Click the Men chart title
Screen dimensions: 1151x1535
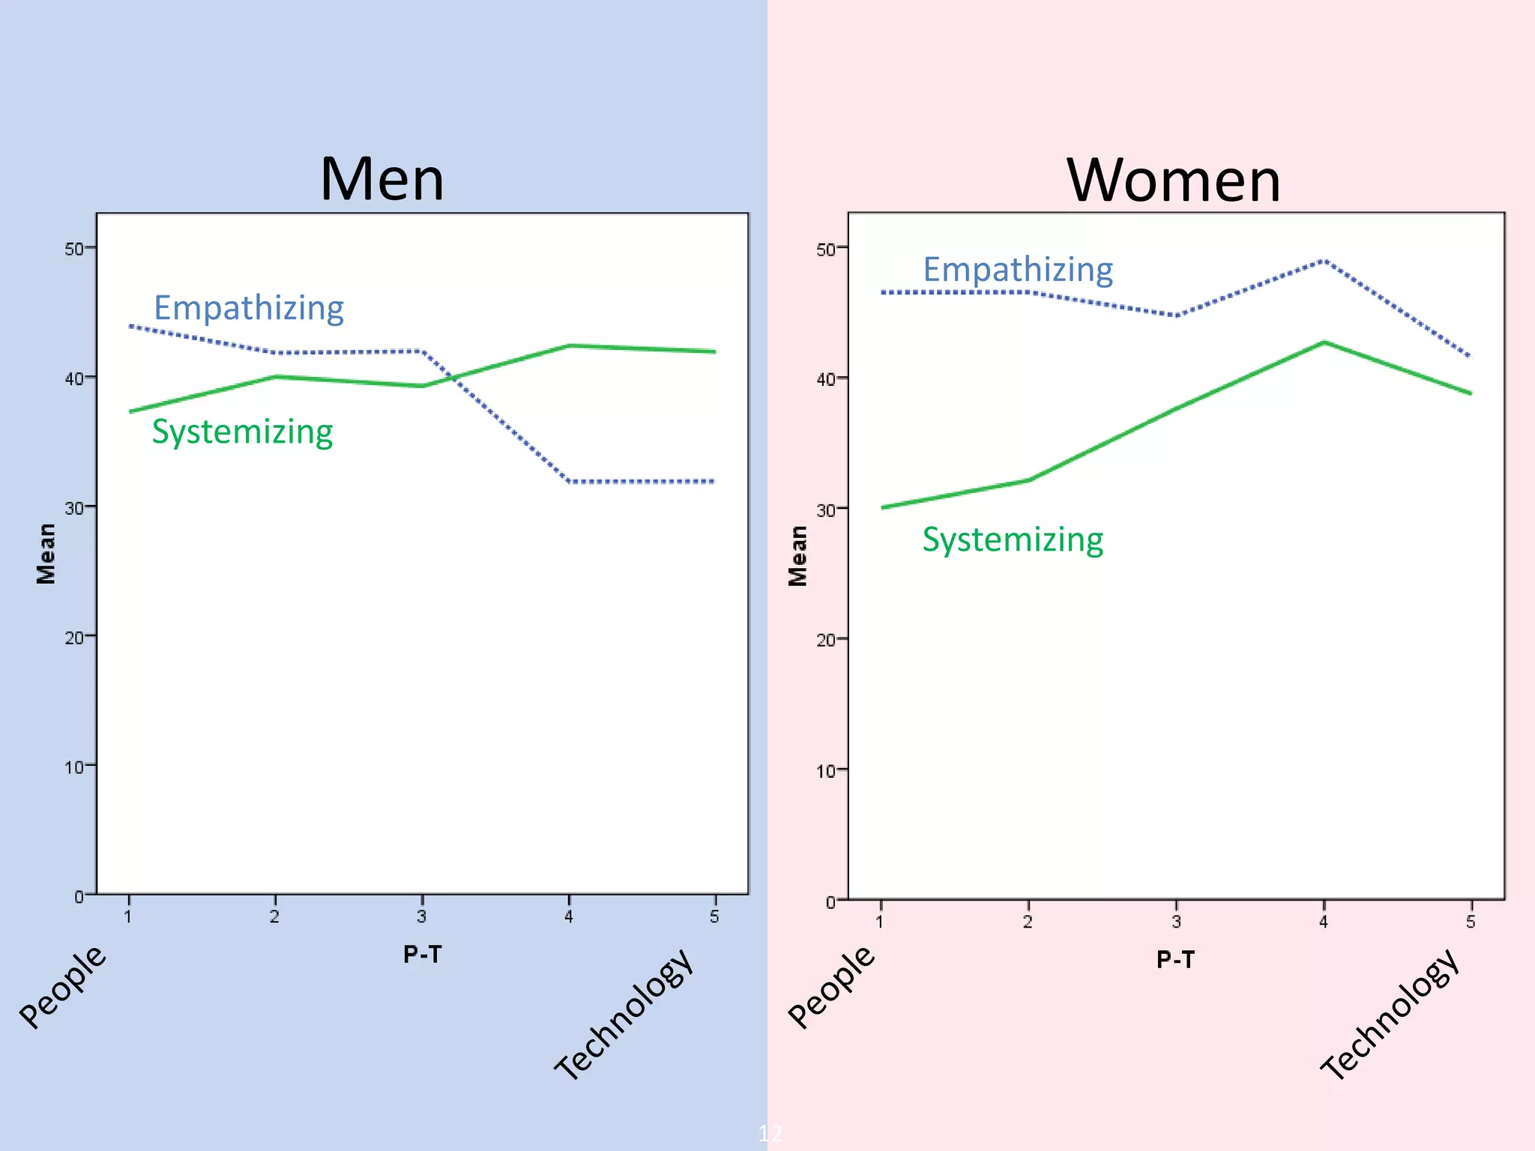point(382,180)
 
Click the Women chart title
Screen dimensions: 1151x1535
point(1174,181)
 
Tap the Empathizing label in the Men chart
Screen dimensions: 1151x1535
point(249,308)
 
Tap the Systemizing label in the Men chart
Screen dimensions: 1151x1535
point(242,432)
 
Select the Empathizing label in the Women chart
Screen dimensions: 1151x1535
point(1018,270)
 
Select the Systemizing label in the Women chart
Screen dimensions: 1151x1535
point(1013,540)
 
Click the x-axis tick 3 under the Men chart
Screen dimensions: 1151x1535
point(422,916)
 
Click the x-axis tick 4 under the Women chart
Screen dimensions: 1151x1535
point(1324,921)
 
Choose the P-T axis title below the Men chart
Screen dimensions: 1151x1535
point(423,955)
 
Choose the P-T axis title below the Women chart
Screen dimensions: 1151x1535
point(1175,960)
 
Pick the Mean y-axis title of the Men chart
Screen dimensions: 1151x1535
point(46,554)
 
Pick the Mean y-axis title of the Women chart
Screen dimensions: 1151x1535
point(798,556)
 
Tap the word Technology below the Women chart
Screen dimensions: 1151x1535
point(1391,1015)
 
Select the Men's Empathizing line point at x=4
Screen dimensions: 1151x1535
point(570,481)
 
